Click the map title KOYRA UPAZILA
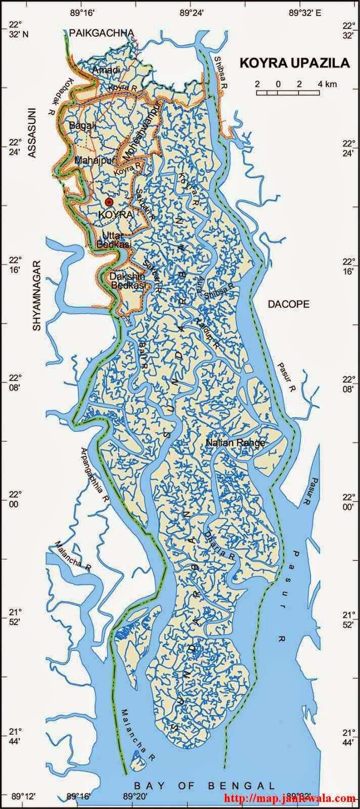click(x=295, y=63)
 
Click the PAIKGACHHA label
click(x=102, y=33)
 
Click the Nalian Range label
click(x=236, y=443)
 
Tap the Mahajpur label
click(x=92, y=160)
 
